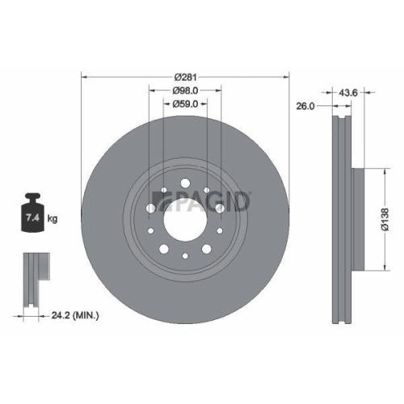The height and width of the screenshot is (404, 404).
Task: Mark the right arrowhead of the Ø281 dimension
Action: pyautogui.click(x=287, y=77)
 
